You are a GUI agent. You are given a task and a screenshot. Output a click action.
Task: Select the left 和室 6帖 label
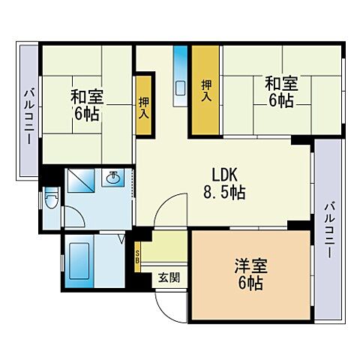[x=87, y=106]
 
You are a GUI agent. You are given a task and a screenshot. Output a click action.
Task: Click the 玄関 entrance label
[x=168, y=277]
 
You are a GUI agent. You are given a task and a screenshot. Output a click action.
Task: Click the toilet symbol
[x=50, y=200]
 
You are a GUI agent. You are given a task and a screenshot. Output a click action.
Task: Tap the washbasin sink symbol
[x=113, y=178]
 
